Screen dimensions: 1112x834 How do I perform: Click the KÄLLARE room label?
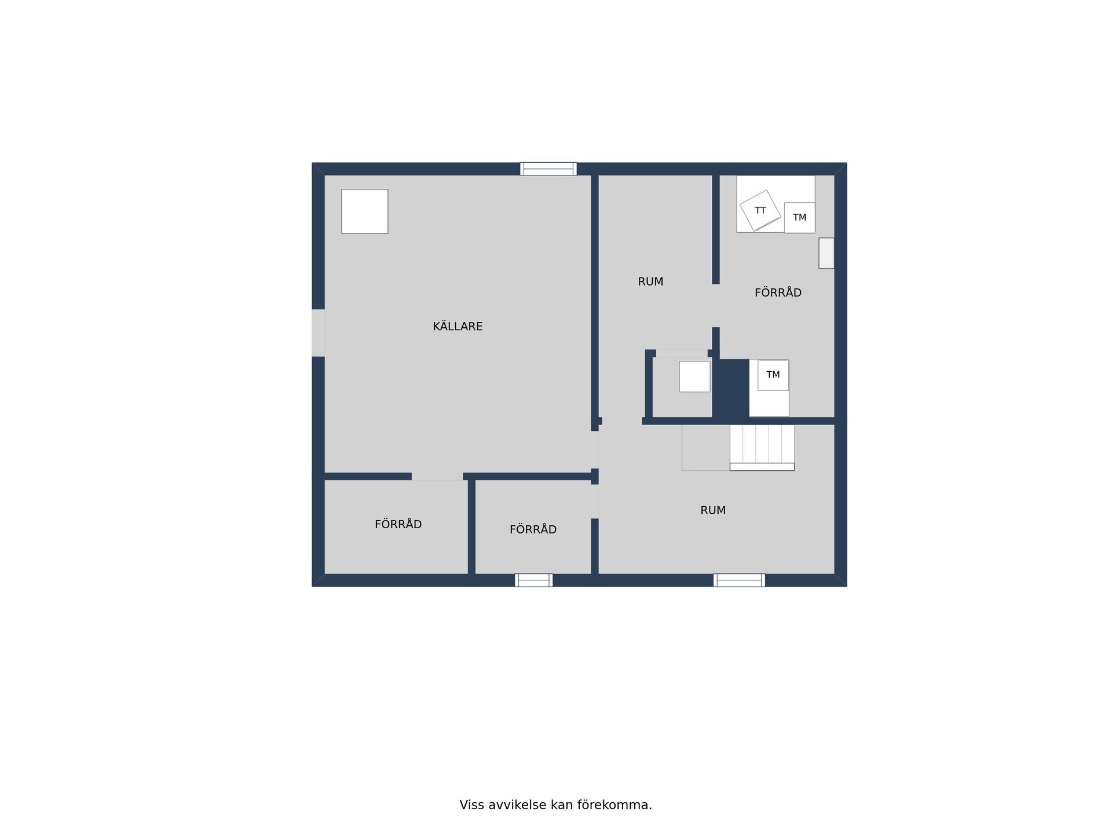(x=458, y=326)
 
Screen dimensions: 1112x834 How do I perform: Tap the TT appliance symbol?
(x=760, y=210)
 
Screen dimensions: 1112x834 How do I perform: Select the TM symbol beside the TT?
(x=799, y=218)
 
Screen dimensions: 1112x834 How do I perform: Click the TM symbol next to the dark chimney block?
(x=773, y=375)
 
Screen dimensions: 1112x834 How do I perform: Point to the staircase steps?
(x=762, y=448)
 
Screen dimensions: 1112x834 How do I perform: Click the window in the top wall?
(x=548, y=169)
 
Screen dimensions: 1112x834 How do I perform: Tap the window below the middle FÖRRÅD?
(x=533, y=580)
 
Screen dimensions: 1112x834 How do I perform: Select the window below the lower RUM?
(x=739, y=580)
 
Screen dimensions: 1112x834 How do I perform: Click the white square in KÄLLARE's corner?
(x=364, y=211)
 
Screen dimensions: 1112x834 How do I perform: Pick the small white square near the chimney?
(x=694, y=376)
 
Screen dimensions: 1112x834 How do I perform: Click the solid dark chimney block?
(x=730, y=388)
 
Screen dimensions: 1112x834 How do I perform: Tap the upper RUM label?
(x=650, y=281)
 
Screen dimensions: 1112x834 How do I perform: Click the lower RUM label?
(x=713, y=510)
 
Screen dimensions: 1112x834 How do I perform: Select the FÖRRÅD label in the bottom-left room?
(x=398, y=524)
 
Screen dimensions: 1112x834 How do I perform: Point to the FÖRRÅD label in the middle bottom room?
(x=533, y=529)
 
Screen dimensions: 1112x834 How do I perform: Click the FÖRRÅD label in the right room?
(x=778, y=292)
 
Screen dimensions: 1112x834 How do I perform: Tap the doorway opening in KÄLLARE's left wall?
(x=318, y=333)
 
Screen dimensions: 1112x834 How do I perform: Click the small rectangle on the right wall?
(x=826, y=253)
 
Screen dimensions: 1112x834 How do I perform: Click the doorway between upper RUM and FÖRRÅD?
(x=716, y=306)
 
